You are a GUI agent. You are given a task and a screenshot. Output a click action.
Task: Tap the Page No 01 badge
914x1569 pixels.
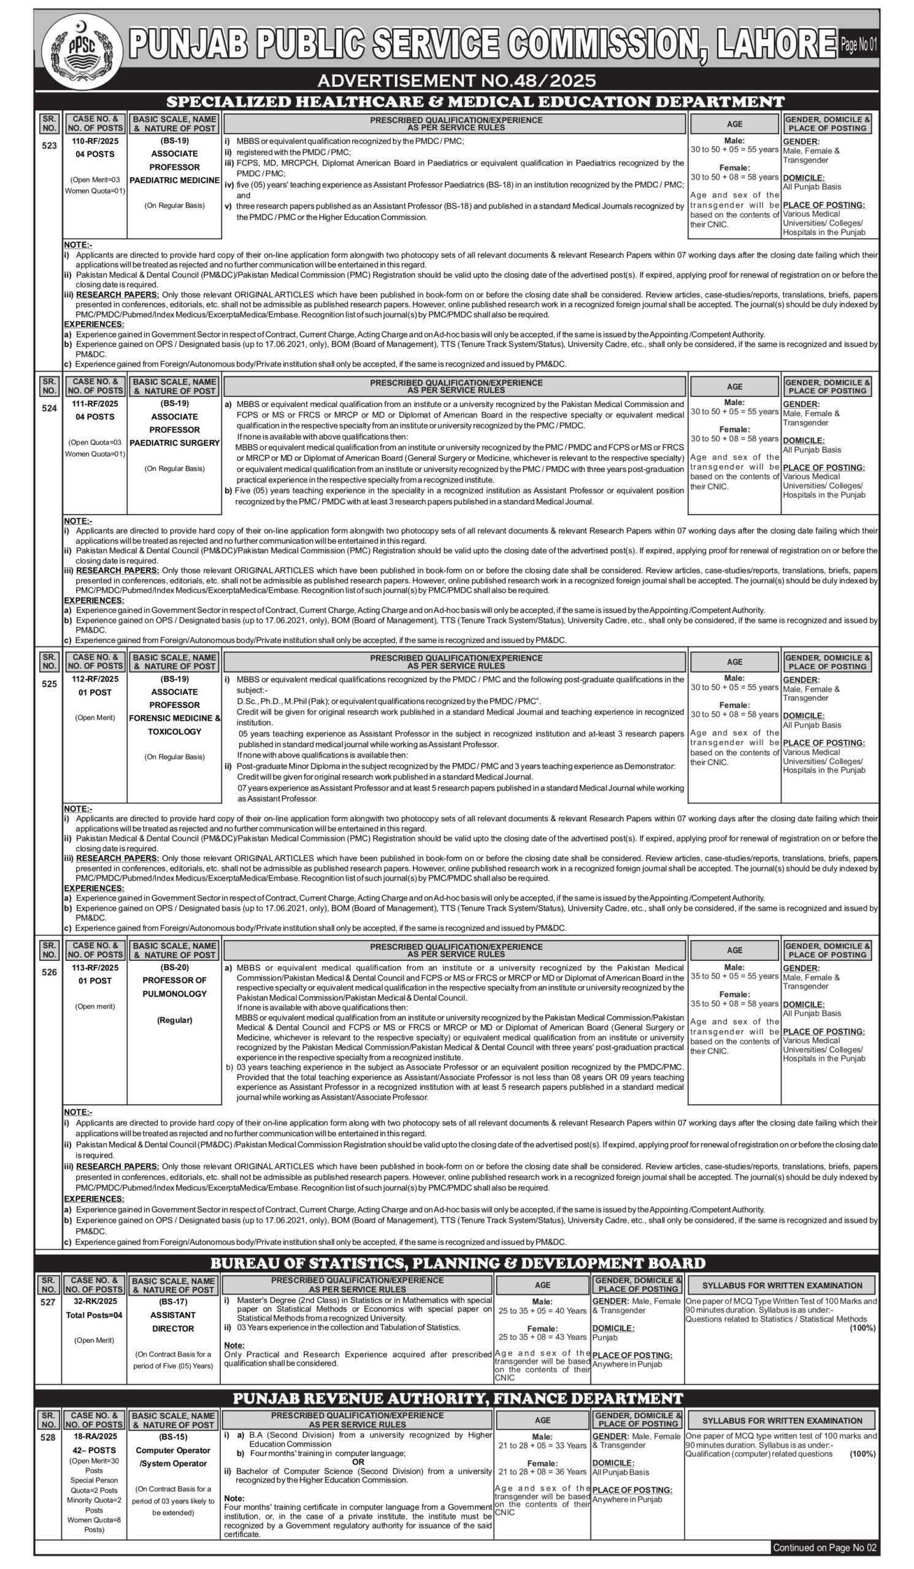858,44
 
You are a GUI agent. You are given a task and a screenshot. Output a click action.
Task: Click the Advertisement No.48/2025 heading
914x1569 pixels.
456,80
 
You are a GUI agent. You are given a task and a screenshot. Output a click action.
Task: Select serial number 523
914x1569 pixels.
49,146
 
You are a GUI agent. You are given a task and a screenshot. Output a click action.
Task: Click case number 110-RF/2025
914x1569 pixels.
94,142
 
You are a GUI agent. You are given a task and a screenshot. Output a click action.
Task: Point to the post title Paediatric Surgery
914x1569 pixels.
174,443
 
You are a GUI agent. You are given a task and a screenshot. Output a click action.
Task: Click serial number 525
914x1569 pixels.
49,683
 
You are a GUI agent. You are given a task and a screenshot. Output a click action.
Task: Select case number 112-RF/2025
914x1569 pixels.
94,678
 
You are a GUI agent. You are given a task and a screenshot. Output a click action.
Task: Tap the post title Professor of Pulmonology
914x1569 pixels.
174,987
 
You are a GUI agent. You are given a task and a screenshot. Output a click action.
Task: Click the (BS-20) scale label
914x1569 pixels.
174,967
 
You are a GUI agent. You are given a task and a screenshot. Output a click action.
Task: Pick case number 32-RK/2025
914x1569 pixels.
94,1301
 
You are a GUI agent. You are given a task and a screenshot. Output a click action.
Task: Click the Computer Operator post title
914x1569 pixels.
173,1450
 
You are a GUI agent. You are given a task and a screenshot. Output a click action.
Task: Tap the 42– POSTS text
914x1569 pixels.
94,1450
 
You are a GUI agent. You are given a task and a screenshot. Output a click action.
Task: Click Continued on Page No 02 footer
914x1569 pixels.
824,1547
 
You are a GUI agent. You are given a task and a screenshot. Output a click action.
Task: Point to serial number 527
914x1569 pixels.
48,1302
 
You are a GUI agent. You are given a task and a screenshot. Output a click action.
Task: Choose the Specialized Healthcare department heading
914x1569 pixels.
475,102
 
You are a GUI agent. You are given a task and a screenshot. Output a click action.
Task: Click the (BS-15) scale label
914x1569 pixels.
173,1437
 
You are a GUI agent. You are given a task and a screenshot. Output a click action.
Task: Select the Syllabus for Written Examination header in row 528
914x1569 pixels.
782,1420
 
